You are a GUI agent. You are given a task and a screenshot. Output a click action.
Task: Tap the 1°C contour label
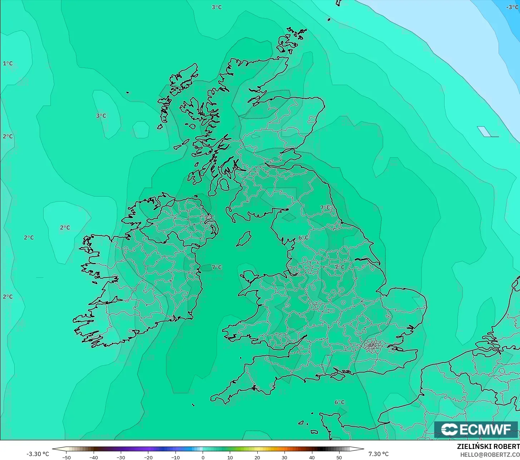(8, 64)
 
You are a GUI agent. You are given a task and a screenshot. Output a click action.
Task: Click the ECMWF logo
(476, 429)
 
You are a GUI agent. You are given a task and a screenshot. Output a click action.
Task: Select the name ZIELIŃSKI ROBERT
(488, 446)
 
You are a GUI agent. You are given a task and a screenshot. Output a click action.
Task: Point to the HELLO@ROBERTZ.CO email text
(490, 455)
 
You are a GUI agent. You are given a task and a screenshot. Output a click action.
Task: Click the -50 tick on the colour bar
(66, 457)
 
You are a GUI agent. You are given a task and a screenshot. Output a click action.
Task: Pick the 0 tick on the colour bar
(203, 457)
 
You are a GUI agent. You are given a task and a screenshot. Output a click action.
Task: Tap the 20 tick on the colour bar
(257, 457)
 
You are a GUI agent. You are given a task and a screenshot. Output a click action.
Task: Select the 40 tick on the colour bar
(312, 457)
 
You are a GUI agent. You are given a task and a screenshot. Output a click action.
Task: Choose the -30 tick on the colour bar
(121, 457)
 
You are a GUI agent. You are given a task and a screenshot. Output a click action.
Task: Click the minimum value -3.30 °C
(38, 454)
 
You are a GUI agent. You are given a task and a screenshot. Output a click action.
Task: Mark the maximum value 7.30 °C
(378, 454)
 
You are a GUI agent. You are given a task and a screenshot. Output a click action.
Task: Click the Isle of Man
(244, 238)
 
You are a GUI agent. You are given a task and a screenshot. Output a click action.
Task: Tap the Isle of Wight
(341, 374)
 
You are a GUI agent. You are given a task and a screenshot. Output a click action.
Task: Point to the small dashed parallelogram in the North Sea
(485, 132)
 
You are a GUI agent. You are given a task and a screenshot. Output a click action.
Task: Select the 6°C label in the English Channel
(340, 402)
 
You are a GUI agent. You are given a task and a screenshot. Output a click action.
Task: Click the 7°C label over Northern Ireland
(209, 217)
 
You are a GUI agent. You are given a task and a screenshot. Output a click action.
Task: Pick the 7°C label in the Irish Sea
(217, 267)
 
